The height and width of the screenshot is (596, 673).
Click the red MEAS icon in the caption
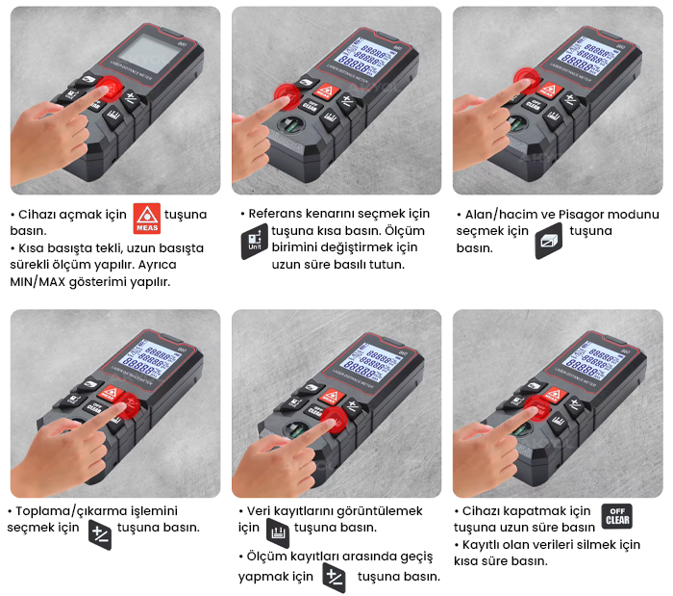(x=147, y=219)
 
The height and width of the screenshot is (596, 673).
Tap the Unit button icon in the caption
(x=255, y=242)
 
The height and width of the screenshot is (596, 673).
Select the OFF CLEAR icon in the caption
(x=617, y=516)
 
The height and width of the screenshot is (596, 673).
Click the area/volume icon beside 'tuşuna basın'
(x=549, y=241)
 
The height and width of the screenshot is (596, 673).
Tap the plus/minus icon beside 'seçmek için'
(x=100, y=534)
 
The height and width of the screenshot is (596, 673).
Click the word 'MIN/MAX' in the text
(x=37, y=282)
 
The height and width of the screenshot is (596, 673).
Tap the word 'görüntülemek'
(x=380, y=511)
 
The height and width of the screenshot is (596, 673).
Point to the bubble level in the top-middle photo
(x=291, y=125)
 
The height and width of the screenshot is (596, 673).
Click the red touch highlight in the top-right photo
(x=527, y=81)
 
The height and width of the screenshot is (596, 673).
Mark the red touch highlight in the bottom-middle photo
(x=335, y=420)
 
